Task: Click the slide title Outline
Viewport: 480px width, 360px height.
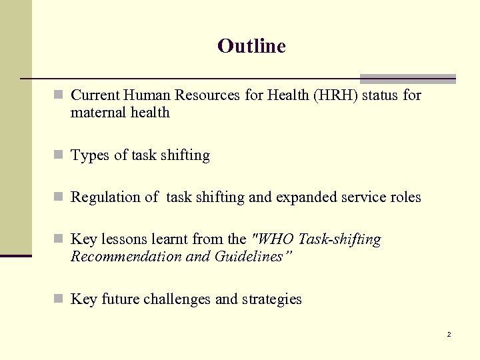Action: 251,46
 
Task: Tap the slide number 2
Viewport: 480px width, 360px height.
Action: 449,334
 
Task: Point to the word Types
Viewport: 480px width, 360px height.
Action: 89,156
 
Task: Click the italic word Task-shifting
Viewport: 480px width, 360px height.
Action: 340,239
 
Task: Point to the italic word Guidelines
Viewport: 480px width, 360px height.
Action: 255,257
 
